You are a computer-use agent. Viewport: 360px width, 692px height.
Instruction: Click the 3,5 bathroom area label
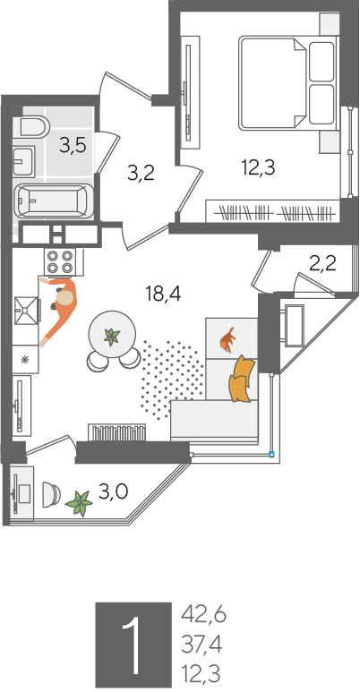73,145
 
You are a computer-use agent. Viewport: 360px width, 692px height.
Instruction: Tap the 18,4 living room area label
163,293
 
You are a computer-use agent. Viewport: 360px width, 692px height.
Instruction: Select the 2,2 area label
323,264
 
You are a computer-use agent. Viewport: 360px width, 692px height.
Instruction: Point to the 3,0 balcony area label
113,491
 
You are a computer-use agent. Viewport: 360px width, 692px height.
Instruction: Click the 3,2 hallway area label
141,174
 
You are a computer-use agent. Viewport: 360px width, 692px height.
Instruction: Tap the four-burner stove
60,261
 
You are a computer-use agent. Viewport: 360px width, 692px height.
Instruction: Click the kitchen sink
28,310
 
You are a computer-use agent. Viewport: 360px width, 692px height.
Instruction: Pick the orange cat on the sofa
227,340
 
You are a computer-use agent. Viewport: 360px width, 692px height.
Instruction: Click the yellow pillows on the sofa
241,379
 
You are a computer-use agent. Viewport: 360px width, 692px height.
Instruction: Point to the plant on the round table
111,337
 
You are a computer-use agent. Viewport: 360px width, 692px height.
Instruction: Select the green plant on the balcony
79,503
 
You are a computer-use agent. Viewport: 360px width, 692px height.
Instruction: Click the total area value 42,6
203,615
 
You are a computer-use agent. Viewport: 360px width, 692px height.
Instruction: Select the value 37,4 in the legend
201,645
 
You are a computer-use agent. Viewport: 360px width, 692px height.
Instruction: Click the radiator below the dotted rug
117,432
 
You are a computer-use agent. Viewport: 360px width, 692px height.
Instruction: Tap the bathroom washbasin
23,161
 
